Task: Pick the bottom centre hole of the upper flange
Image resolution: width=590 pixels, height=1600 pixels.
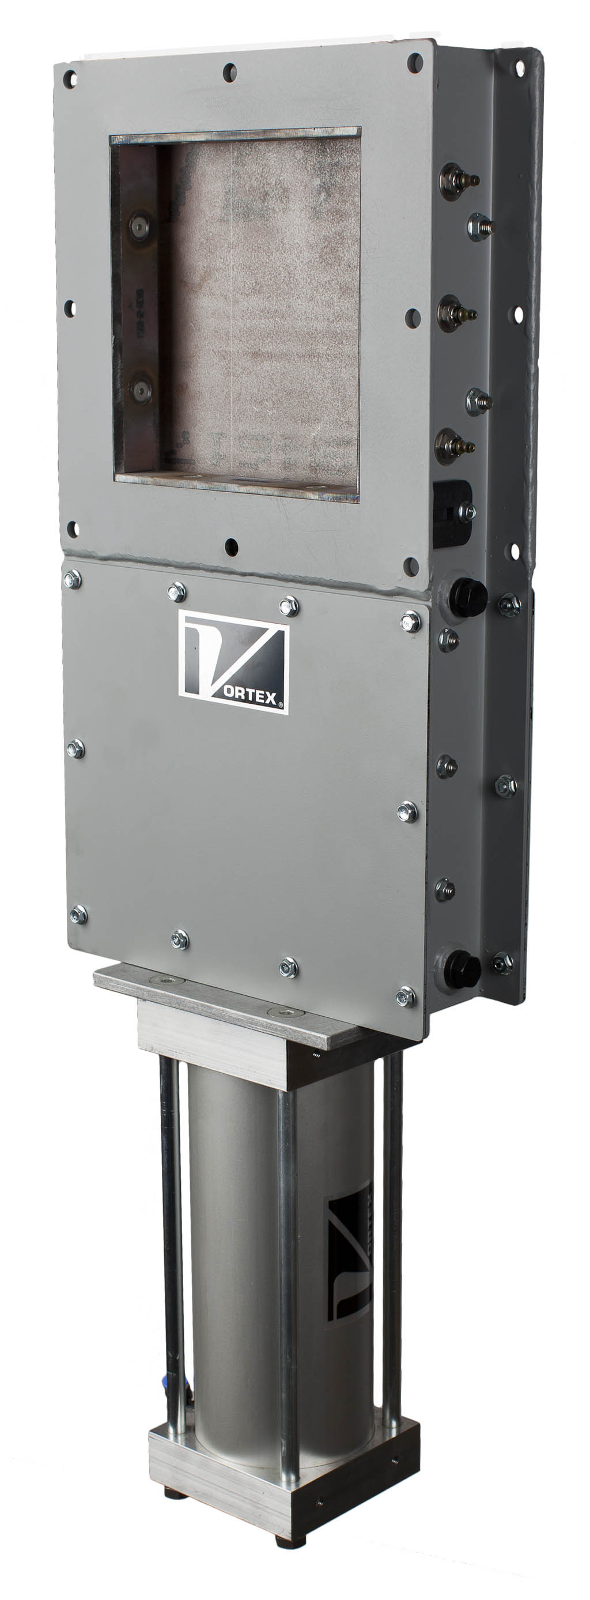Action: (x=231, y=546)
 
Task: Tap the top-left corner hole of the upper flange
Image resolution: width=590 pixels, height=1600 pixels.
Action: (x=70, y=79)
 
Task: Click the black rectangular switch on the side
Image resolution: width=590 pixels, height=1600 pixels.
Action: (x=452, y=513)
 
